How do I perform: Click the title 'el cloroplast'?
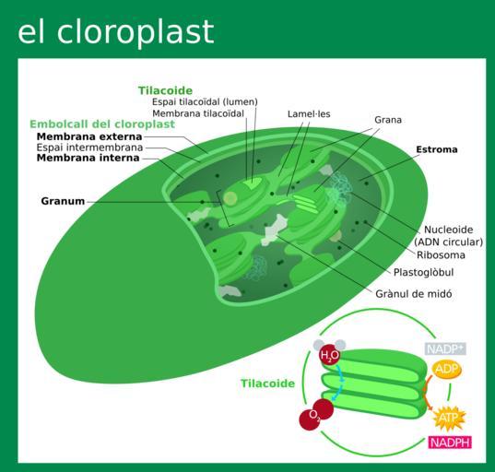pos(116,32)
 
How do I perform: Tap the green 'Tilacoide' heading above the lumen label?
pos(165,90)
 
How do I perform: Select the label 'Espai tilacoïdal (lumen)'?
pos(205,101)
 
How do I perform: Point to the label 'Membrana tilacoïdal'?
pos(198,113)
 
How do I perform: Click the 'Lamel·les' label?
pos(309,113)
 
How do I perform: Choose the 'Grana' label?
pos(388,120)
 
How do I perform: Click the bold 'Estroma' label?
pos(437,149)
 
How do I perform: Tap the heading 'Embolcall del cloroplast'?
pos(102,124)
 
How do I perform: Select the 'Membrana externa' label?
pos(89,136)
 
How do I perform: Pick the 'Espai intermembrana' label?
pos(89,147)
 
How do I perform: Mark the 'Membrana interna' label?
pos(88,158)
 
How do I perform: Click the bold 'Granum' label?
pos(63,201)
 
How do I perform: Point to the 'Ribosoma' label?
pos(441,255)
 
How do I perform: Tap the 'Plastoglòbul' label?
pos(423,272)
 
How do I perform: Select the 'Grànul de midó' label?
pos(414,294)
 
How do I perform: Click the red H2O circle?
pos(330,355)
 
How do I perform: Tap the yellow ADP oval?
pos(446,370)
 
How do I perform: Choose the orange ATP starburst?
pos(448,419)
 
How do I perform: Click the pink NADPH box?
pos(450,442)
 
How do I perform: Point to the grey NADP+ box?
pos(445,348)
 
